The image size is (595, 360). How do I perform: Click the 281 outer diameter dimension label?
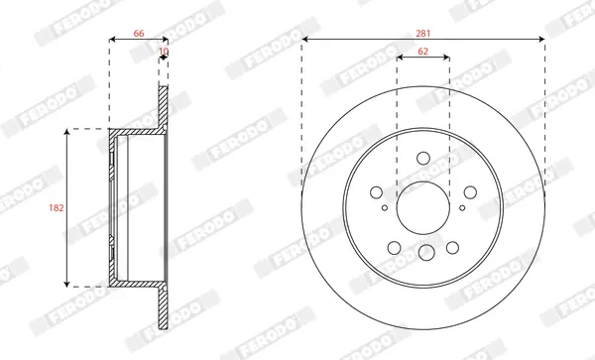coord(423,34)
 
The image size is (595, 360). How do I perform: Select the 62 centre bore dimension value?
coord(422,52)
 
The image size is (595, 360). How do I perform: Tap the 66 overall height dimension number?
coord(139,34)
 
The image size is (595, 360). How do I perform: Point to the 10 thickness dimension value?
coord(164,52)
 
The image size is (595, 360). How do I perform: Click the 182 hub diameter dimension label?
coord(57,208)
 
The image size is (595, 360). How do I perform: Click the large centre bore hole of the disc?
coord(423,208)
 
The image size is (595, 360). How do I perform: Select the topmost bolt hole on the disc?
coord(423,159)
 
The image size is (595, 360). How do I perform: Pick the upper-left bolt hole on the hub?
coord(376,192)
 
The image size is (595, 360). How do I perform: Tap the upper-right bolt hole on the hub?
coord(470,192)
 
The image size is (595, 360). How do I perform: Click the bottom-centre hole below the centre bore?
coord(426,252)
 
